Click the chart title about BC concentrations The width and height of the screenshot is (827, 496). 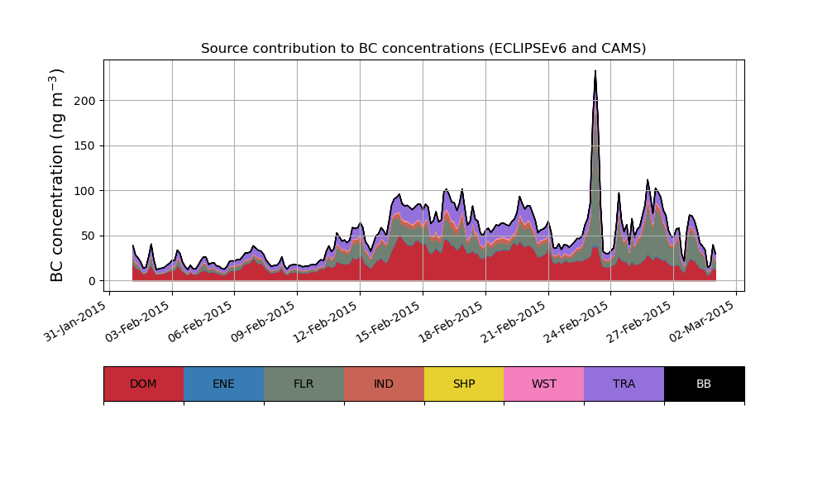coord(423,49)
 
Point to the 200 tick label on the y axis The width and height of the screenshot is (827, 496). coord(85,101)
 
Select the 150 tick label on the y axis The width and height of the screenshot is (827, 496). coord(85,146)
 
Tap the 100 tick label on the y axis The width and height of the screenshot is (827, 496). coord(85,191)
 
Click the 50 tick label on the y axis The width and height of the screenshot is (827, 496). coord(88,236)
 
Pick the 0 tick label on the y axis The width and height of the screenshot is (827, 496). coord(92,281)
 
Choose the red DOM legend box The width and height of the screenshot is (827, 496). coord(143,384)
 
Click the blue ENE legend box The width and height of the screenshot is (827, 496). coord(223,384)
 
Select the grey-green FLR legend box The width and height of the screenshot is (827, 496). coord(304,384)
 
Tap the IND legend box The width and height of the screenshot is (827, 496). coord(384,384)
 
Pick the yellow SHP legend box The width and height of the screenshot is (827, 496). coord(464,384)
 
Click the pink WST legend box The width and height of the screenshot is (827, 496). coord(544,384)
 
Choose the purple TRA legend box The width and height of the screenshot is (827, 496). coord(624,384)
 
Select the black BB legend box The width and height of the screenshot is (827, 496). coord(704,384)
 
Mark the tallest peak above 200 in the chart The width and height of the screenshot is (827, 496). coord(595,72)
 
